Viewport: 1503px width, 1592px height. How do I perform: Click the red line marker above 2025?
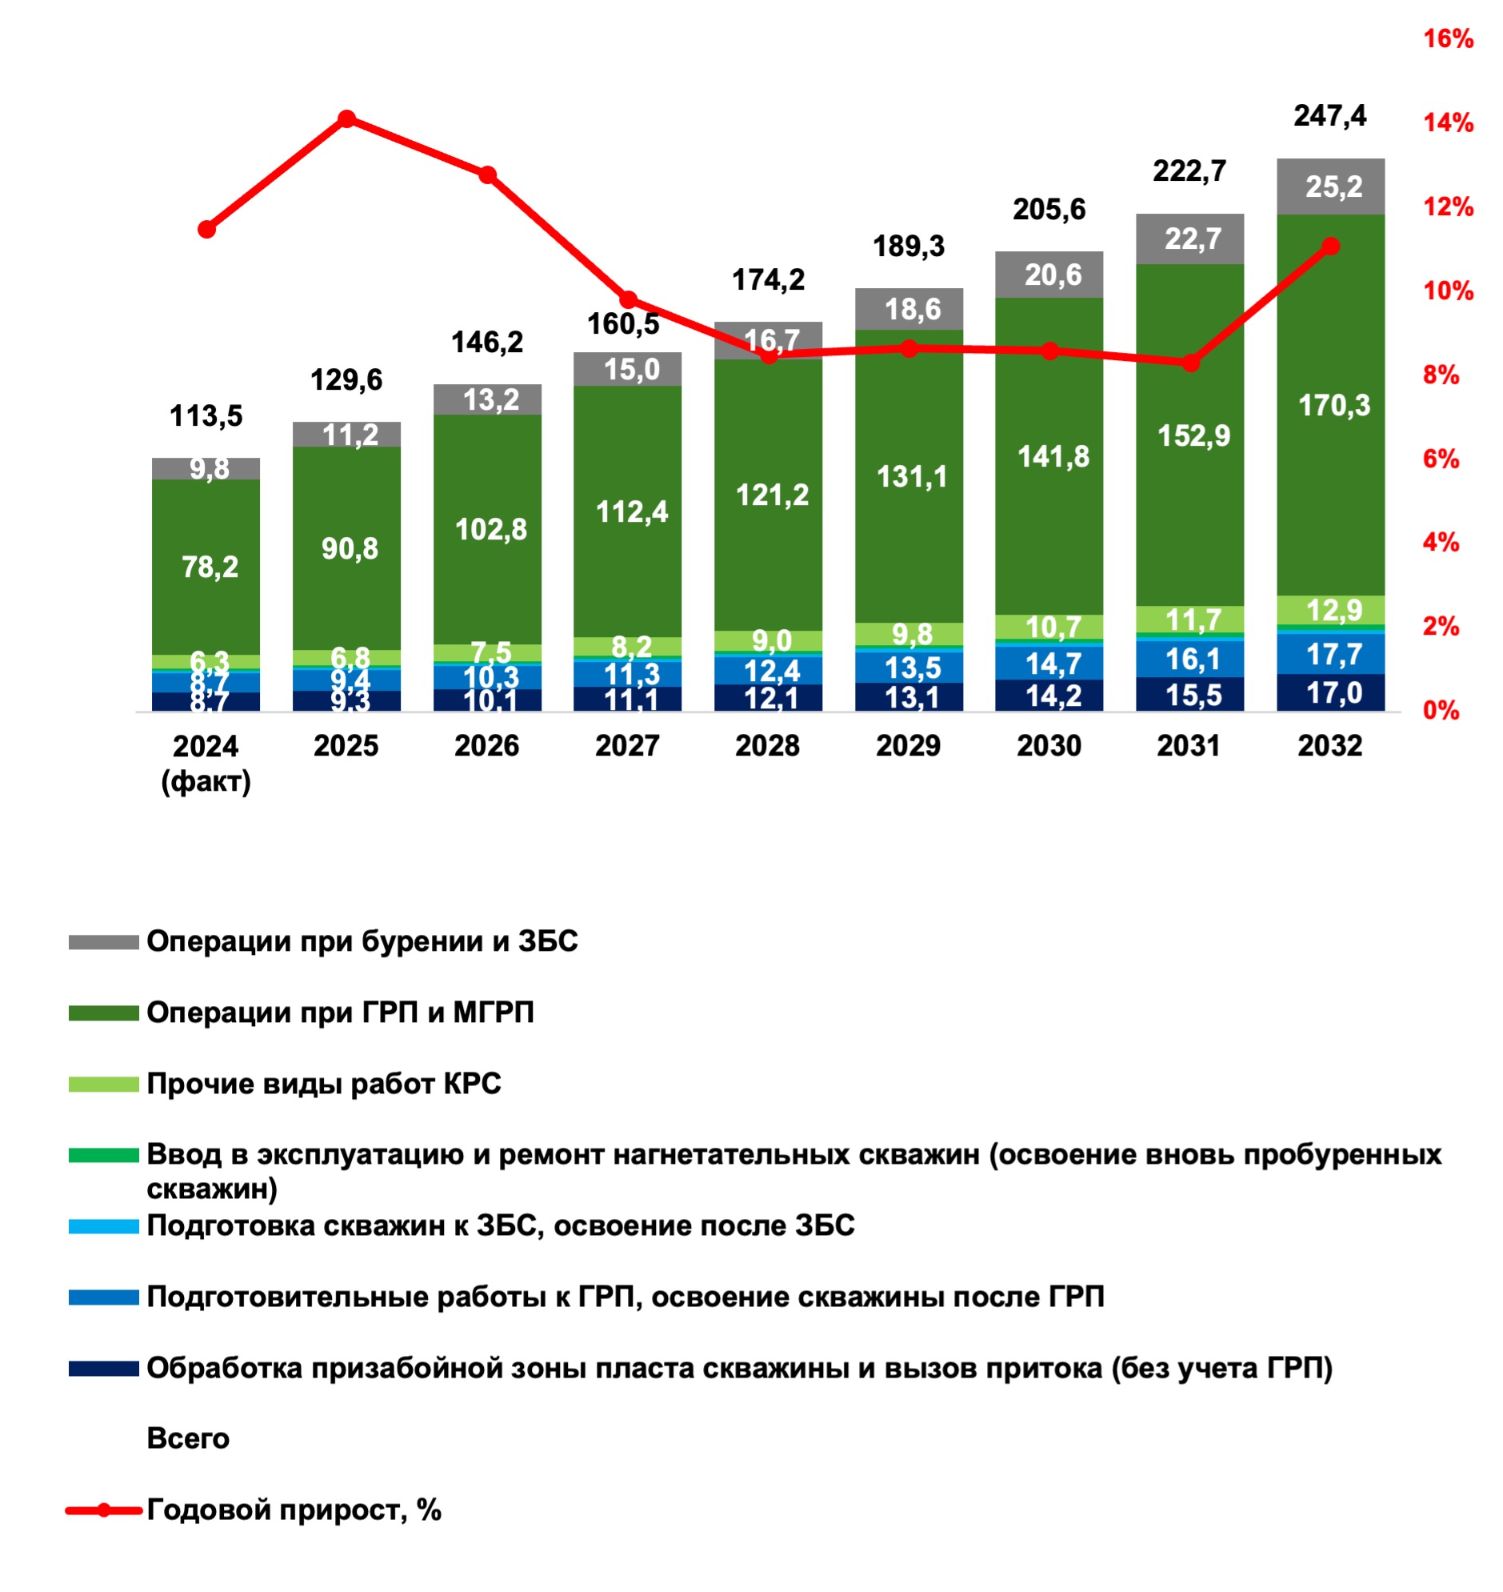coord(346,119)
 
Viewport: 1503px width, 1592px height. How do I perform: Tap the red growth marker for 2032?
coord(1330,246)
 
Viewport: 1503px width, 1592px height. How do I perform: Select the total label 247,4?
coord(1330,116)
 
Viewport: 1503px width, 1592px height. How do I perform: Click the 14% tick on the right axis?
coord(1447,122)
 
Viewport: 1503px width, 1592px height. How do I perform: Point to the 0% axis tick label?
coord(1440,710)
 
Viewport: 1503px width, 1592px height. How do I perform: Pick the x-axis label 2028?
coord(767,746)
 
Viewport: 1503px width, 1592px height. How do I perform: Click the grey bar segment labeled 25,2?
coord(1330,186)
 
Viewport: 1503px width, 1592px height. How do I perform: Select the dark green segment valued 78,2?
coord(206,567)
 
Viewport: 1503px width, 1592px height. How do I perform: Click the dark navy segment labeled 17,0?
coord(1330,692)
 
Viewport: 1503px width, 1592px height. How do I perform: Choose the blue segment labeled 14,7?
coord(1050,664)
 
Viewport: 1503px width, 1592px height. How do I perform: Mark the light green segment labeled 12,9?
coord(1330,611)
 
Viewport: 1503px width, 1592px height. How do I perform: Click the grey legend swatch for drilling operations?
coord(103,942)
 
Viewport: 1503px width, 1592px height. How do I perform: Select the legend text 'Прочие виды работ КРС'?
coord(324,1084)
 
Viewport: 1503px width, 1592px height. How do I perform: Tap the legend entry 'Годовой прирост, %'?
coord(294,1510)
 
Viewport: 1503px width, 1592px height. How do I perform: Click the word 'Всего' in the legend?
coord(187,1439)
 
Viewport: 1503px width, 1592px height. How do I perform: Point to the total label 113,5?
coord(206,416)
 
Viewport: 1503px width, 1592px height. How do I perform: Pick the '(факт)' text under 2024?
coord(206,781)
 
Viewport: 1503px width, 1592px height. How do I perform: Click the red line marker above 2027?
coord(629,300)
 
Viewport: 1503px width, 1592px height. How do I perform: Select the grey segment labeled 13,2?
coord(487,399)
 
